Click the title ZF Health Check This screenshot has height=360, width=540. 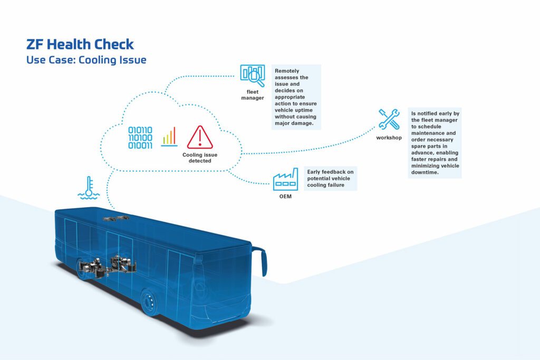pos(80,44)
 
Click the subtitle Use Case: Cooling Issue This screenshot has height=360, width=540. pos(86,60)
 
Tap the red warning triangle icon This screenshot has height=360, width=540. pos(200,137)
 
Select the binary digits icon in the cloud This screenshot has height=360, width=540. pos(140,138)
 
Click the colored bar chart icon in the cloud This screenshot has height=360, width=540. pos(169,137)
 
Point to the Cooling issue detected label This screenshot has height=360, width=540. pos(200,158)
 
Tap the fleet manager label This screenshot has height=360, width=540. pos(252,94)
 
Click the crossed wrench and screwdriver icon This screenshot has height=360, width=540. pos(389,120)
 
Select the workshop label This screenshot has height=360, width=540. pos(389,138)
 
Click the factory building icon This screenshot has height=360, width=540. pos(285,180)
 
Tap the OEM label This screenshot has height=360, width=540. pos(285,197)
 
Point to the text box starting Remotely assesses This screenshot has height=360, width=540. pos(297,97)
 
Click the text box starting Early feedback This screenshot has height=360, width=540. pos(331,178)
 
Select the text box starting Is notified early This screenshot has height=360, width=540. pos(435,142)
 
